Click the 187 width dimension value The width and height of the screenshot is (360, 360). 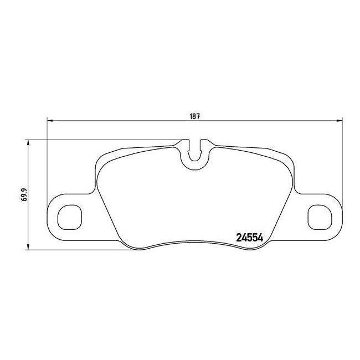click(194, 116)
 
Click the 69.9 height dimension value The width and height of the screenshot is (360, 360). click(24, 195)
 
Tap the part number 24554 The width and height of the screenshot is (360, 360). click(250, 238)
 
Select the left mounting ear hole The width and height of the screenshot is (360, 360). click(70, 217)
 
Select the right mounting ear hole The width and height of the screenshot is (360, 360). click(320, 217)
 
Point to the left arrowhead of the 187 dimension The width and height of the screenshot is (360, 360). click(50, 120)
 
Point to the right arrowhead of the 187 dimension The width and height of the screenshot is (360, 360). click(340, 120)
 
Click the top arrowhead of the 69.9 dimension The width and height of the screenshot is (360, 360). click(28, 142)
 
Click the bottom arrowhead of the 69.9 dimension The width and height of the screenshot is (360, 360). click(28, 246)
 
